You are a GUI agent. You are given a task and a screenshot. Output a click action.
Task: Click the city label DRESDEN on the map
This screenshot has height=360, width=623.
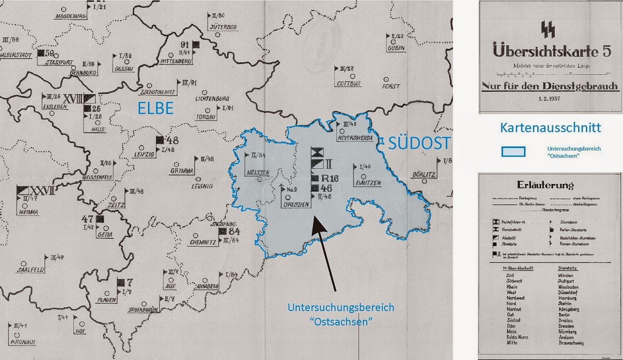coord(297,205)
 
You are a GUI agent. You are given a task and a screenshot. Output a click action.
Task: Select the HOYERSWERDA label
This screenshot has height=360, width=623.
coord(355,138)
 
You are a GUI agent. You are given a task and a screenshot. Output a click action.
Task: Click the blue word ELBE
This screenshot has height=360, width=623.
coord(155,108)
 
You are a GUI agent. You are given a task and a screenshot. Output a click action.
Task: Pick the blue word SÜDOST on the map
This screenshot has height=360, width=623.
coord(419,143)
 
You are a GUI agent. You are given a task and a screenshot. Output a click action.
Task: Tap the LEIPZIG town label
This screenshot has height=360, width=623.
coord(143,155)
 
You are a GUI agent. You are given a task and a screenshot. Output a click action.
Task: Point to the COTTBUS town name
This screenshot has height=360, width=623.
coord(348,84)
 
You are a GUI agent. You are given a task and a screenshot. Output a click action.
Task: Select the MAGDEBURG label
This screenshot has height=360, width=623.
coord(71,16)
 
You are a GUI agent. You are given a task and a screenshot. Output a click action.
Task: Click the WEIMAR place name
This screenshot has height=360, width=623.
coord(27,212)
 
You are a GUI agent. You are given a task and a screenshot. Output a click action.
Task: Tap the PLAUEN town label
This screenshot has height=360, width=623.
coord(107,300)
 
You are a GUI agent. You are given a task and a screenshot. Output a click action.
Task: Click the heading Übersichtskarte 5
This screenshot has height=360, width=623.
coord(549,50)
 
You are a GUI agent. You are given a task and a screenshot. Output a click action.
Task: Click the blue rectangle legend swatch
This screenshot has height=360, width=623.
coord(513,151)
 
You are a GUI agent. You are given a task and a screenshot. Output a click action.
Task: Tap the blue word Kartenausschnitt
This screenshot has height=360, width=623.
coord(550,128)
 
